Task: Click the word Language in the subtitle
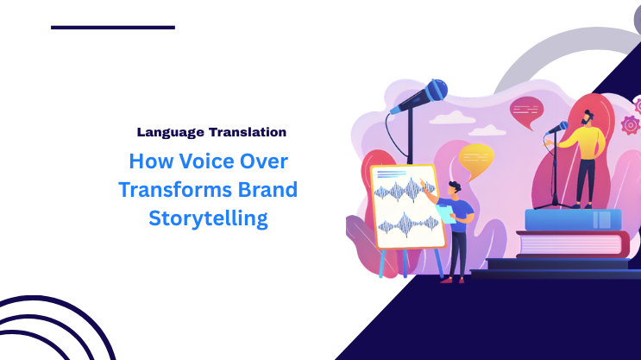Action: [170, 133]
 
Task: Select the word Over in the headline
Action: [261, 161]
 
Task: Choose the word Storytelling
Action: [208, 218]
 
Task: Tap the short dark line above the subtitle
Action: [112, 28]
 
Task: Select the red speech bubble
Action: [526, 110]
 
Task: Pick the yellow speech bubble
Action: [476, 157]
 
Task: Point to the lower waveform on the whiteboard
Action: [409, 226]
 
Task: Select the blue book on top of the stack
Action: [573, 220]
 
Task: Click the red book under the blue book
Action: [573, 243]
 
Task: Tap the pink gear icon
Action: [632, 125]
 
